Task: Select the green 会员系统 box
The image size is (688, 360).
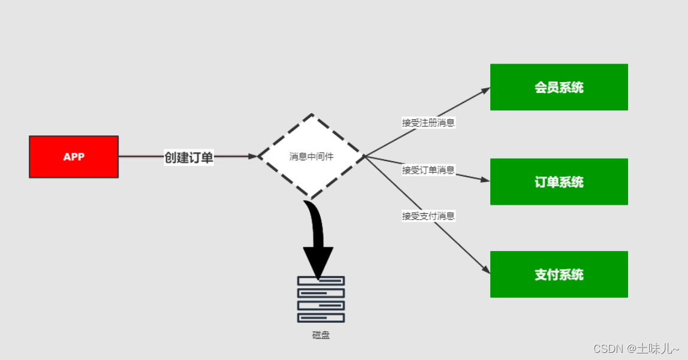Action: pos(559,87)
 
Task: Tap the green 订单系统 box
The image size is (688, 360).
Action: pos(559,182)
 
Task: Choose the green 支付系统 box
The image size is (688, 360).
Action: pos(559,274)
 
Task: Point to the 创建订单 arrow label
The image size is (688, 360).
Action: pos(189,158)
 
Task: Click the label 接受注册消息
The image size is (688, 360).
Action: pos(428,123)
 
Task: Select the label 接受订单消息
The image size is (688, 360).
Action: pos(428,170)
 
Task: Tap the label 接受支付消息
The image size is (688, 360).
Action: pos(428,216)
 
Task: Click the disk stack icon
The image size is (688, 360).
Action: pos(321,300)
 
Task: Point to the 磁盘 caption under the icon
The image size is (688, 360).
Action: pos(321,335)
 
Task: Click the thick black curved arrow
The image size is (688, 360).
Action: pos(316,240)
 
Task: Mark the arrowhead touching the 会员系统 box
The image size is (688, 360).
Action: pos(485,90)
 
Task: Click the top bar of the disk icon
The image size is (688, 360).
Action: pos(321,281)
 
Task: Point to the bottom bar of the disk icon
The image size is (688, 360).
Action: pos(321,318)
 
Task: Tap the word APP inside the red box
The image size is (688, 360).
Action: pos(74,157)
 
